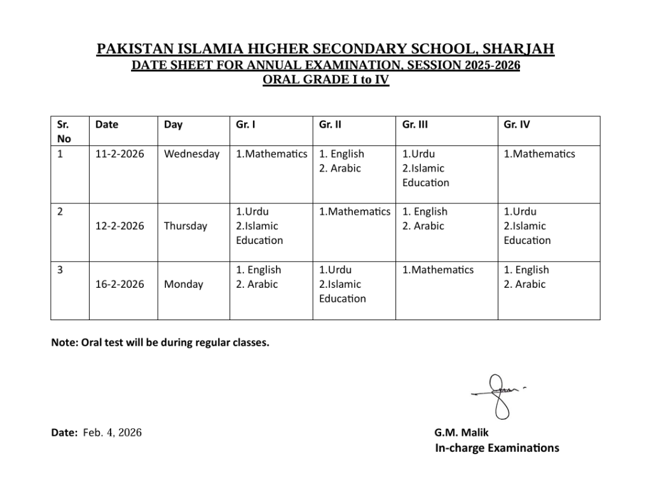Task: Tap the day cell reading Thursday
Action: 186,226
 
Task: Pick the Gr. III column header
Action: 415,125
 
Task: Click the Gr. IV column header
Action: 516,125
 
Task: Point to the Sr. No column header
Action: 64,132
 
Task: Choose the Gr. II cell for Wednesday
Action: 341,161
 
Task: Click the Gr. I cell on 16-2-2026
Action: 258,277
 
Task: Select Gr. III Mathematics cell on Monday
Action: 438,270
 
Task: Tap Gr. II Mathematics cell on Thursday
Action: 355,212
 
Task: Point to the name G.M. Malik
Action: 462,433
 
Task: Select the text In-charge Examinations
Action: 497,448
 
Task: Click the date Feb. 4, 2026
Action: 113,433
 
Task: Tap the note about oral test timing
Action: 160,343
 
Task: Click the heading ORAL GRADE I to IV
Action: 325,80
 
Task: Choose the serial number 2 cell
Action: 60,212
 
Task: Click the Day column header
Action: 173,125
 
